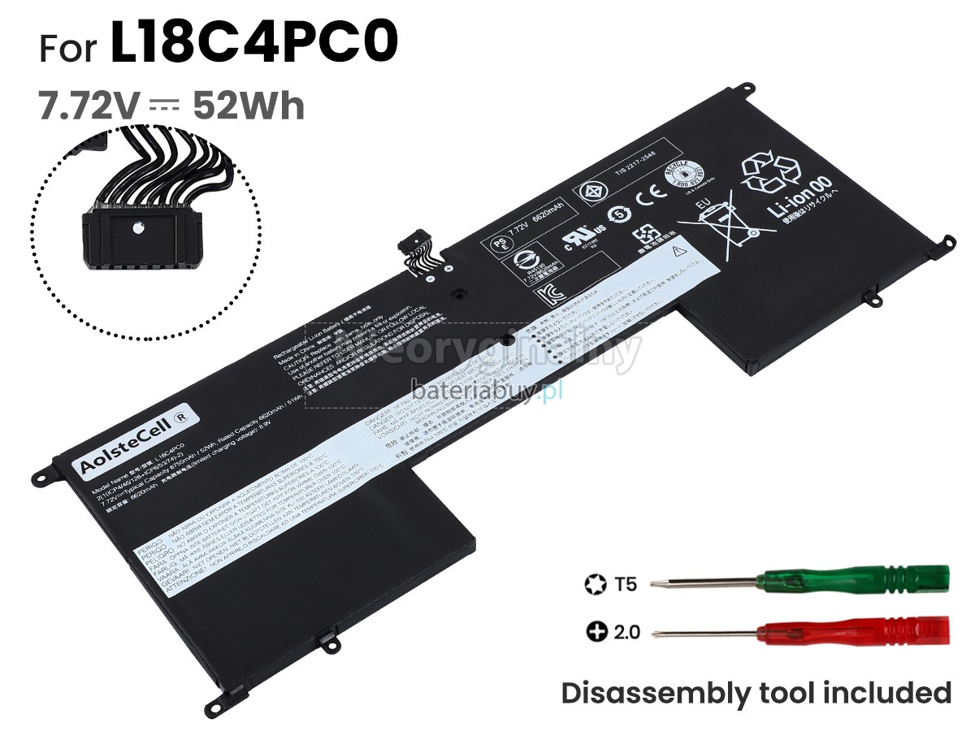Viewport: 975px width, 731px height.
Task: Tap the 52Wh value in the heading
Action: click(248, 106)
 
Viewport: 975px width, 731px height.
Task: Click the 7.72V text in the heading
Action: click(84, 106)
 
